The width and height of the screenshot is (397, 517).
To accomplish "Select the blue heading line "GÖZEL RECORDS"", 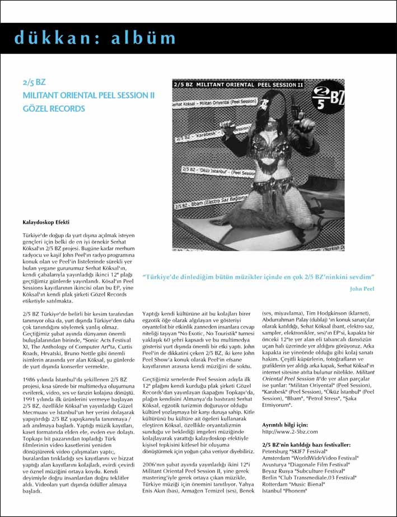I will [54, 109].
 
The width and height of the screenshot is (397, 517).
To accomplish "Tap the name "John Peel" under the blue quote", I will [361, 289].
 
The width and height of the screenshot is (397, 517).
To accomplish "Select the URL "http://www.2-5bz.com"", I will [290, 431].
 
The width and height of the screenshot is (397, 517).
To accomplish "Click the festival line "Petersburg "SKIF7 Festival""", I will [295, 451].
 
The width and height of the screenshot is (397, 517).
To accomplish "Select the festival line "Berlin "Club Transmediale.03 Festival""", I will [309, 477].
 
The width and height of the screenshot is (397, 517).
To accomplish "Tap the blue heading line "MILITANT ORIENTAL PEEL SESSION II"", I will [88, 95].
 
